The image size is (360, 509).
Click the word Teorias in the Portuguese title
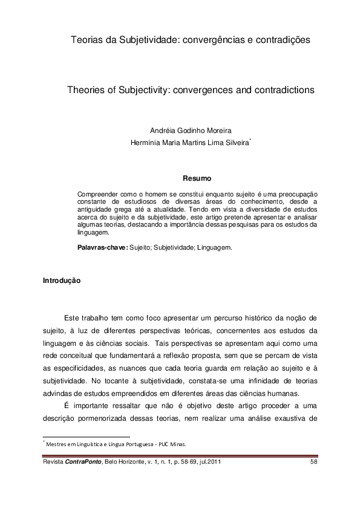point(86,40)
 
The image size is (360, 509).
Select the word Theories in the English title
point(87,89)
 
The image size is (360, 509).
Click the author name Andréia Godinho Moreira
point(190,131)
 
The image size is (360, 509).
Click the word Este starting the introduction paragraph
point(71,317)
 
